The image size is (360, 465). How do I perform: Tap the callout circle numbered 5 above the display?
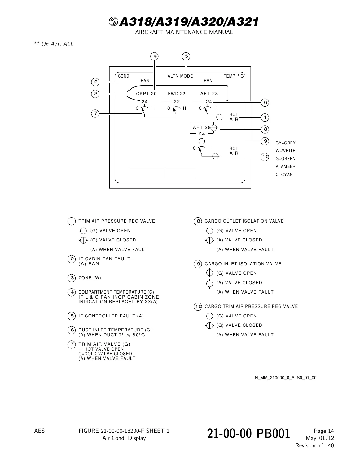point(186,56)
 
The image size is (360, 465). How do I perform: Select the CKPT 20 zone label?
point(146,94)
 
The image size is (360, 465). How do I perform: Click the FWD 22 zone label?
point(176,94)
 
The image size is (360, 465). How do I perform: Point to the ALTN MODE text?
point(180,76)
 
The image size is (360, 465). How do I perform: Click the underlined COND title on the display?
point(123,76)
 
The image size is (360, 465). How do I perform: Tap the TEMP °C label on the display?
point(234,76)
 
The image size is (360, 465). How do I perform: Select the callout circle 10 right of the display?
point(265,157)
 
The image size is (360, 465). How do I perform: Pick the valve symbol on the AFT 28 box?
point(214,128)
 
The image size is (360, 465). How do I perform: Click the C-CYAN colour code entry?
point(284,175)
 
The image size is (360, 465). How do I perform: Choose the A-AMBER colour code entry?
point(285,166)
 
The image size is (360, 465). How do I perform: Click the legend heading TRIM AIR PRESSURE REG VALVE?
point(116,221)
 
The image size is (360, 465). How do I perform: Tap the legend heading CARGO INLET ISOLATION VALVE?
point(243,264)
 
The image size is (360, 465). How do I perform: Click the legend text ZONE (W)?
point(90,278)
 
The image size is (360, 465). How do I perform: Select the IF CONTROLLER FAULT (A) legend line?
point(111,316)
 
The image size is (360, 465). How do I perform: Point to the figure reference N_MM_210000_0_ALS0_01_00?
point(285,378)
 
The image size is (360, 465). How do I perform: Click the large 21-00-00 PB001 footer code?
point(248,434)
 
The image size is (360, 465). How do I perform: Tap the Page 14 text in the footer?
point(324,431)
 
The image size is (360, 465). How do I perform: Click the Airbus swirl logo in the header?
point(113,22)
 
